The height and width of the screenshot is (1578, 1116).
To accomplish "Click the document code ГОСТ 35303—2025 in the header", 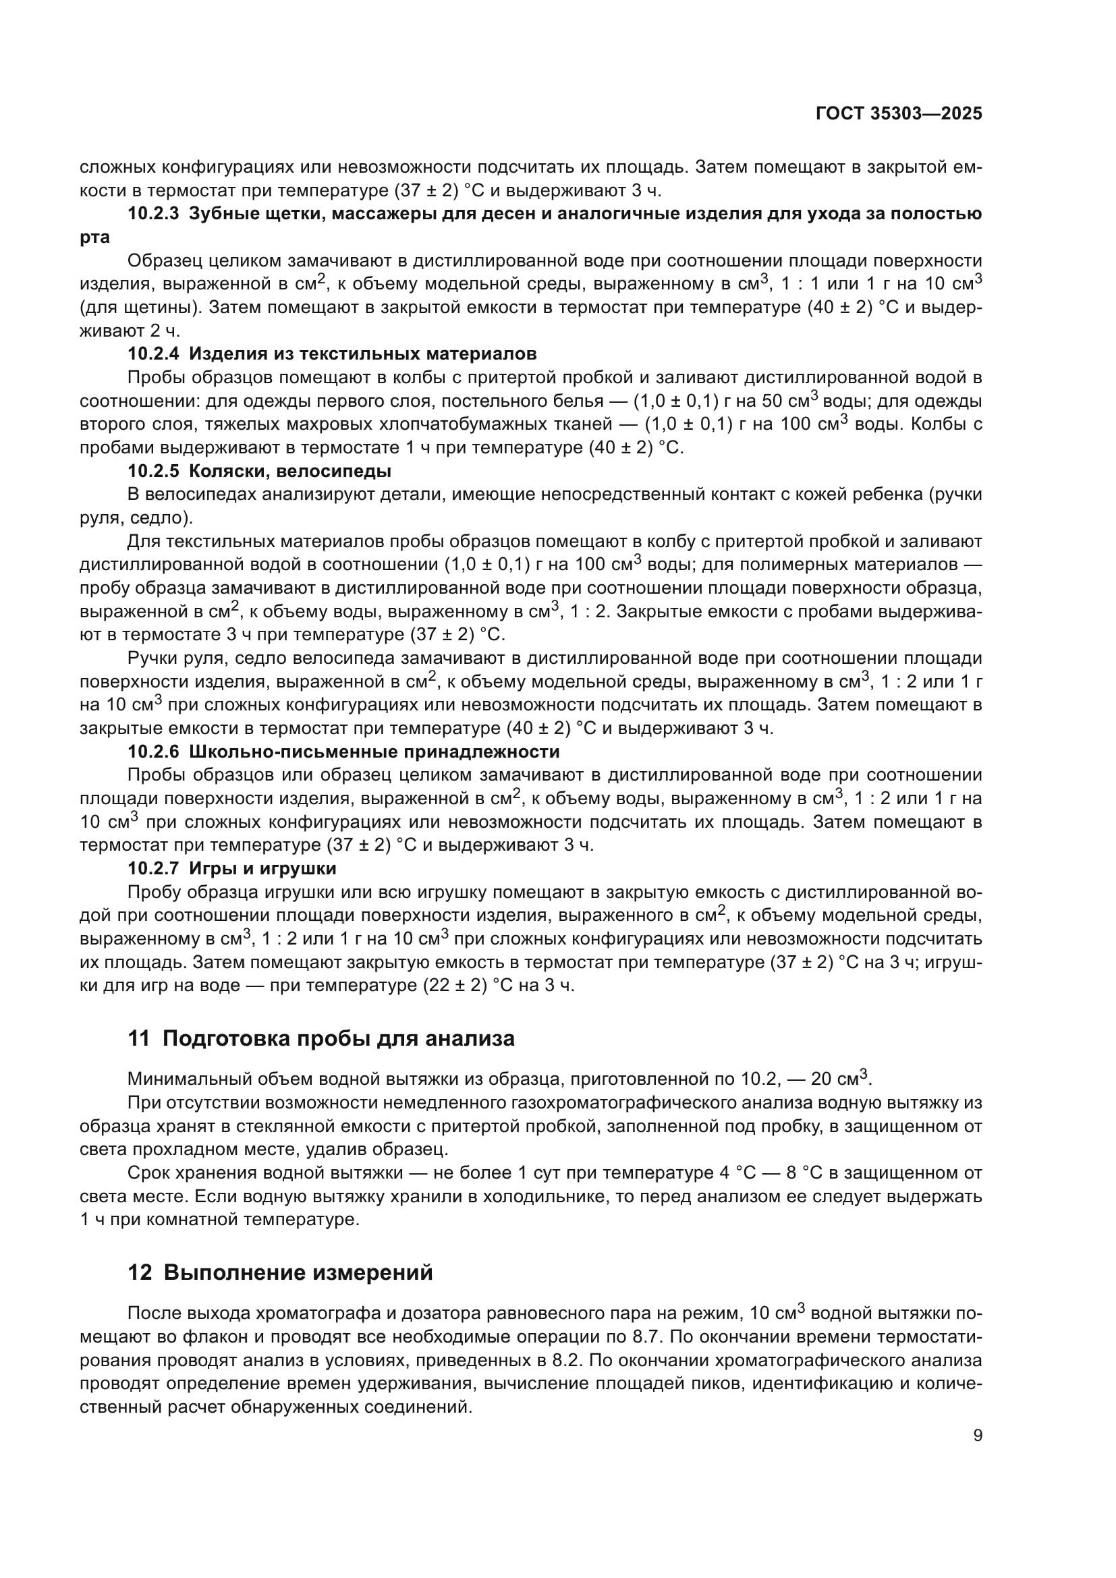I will click(899, 114).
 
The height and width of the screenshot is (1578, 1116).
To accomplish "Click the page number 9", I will click(978, 1436).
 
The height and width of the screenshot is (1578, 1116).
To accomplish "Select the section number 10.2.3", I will click(153, 214).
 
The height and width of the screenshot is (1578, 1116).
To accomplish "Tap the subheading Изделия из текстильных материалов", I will click(363, 354).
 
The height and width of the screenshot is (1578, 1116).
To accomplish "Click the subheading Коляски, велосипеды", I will click(290, 472).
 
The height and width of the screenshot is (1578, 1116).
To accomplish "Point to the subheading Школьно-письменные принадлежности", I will click(374, 752).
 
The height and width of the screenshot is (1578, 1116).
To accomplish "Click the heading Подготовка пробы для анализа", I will click(338, 1038).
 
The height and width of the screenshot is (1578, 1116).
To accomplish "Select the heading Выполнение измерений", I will click(298, 1273).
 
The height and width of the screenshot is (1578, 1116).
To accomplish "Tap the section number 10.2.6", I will click(153, 752).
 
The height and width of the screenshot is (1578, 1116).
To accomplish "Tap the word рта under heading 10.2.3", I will click(94, 237).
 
